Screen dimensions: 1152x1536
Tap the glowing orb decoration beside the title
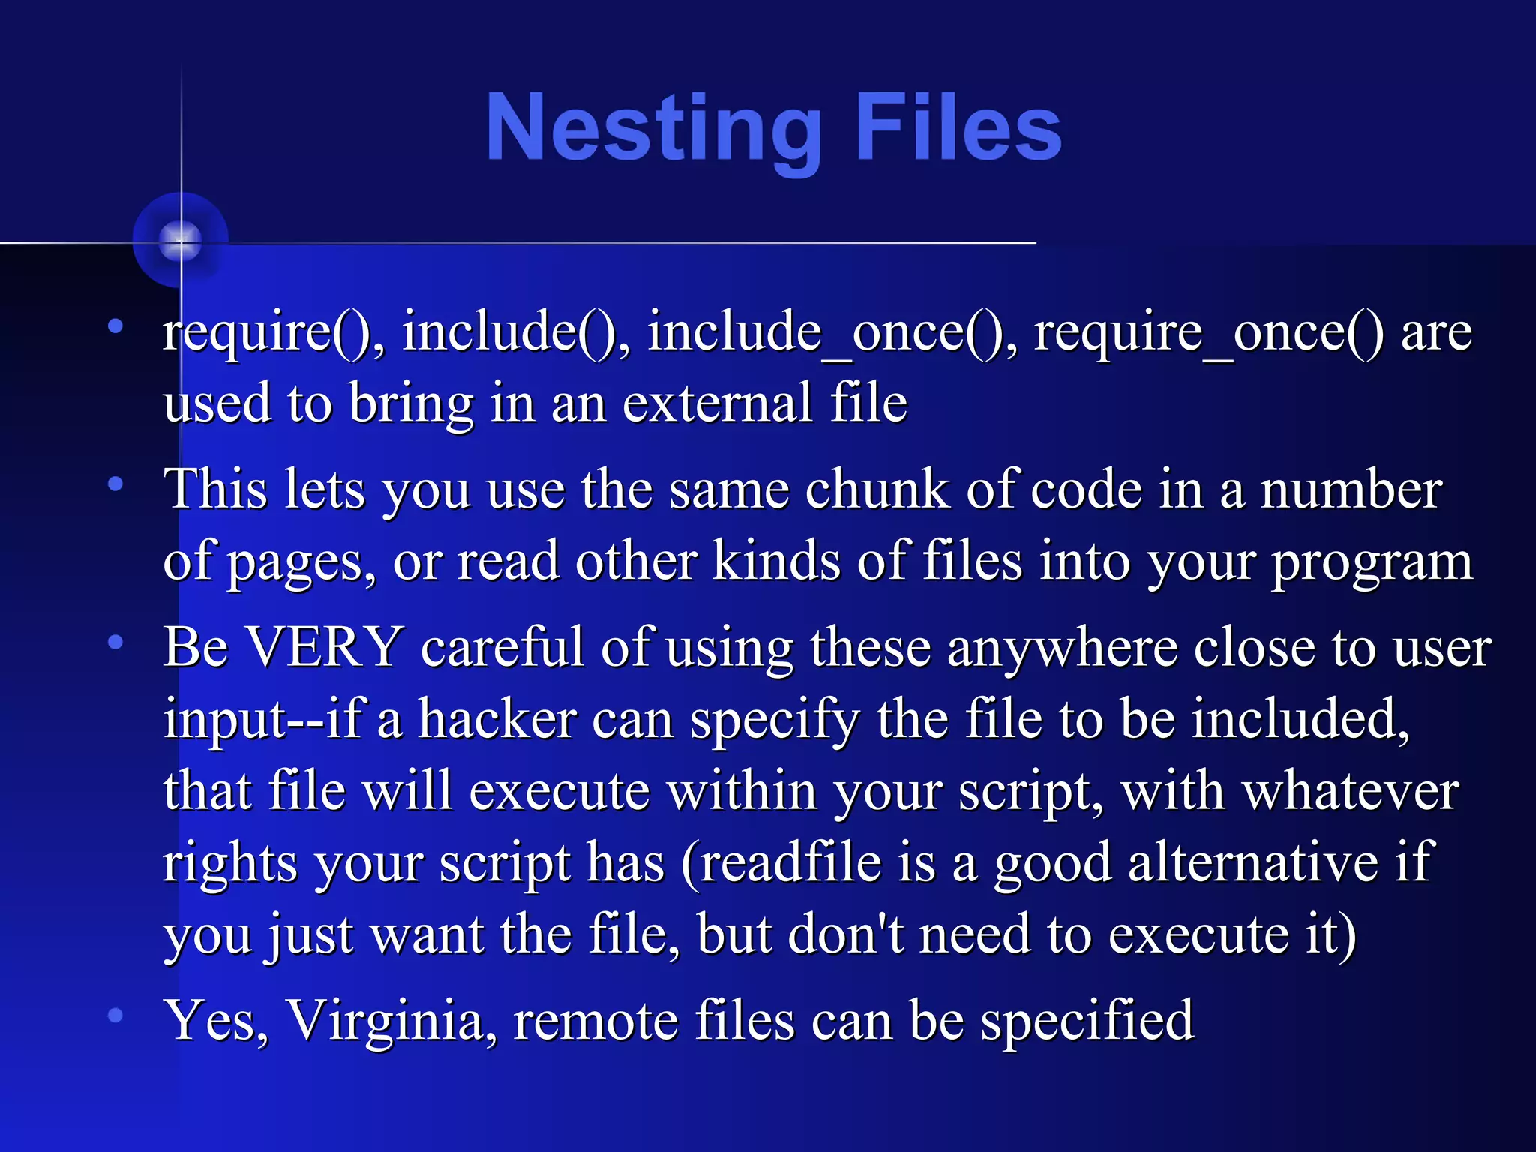[180, 240]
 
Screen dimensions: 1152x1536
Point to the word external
[717, 403]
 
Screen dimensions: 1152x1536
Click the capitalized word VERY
[325, 646]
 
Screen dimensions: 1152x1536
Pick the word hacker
[497, 718]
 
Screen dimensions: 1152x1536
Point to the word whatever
[1351, 790]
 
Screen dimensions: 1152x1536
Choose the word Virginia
[391, 1020]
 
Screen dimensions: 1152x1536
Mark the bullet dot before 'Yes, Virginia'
[115, 1015]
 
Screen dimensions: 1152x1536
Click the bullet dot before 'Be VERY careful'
[115, 642]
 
